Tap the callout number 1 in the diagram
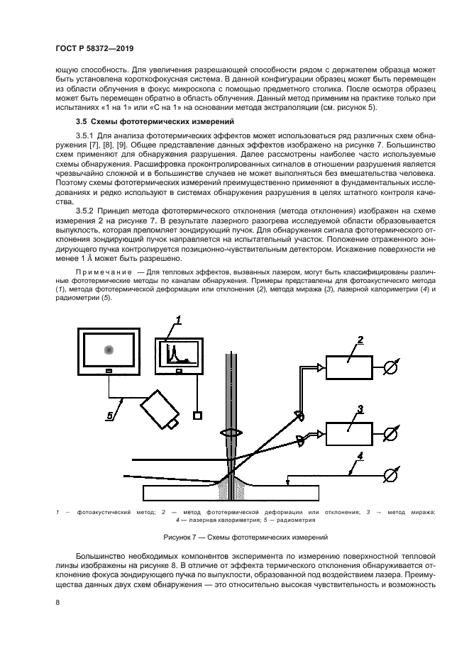(180, 321)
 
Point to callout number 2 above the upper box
(360, 340)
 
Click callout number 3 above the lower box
(360, 409)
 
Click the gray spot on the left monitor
(109, 349)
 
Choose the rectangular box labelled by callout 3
(349, 432)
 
